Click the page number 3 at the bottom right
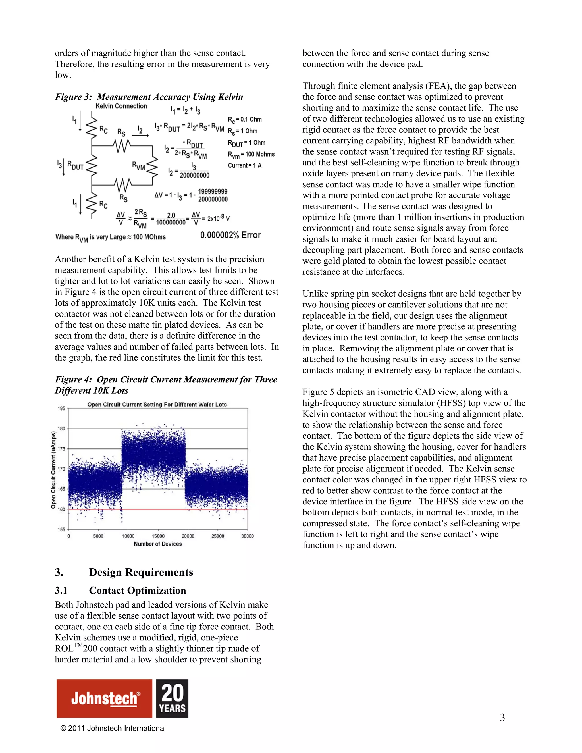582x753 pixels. pos(502,717)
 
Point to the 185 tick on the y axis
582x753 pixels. pos(61,408)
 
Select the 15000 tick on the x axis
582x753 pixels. pos(158,536)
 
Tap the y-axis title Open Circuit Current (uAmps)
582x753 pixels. pos(53,470)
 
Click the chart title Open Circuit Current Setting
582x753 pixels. pos(157,404)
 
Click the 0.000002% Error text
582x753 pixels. pos(230,235)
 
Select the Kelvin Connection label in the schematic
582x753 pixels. pos(121,106)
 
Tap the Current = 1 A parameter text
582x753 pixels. pos(244,165)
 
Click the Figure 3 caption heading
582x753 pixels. pos(149,97)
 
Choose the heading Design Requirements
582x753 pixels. pos(141,572)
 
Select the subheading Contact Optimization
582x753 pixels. pos(137,591)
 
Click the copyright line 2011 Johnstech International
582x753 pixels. pos(113,728)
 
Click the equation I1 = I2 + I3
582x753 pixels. pos(185,110)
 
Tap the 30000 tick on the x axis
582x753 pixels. pos(247,536)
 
